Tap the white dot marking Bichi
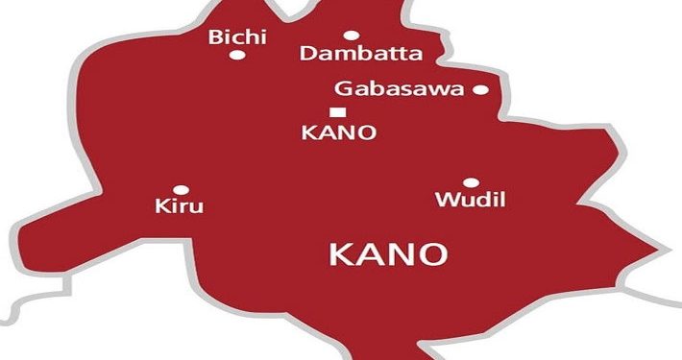coord(236,55)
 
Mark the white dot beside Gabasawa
coord(480,90)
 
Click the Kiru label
coord(180,206)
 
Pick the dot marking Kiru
coord(181,190)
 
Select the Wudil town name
coord(470,201)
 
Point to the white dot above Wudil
coord(471,182)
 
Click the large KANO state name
coord(388,254)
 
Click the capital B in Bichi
coord(215,38)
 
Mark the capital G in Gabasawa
coord(342,89)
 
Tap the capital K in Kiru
coord(161,206)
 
